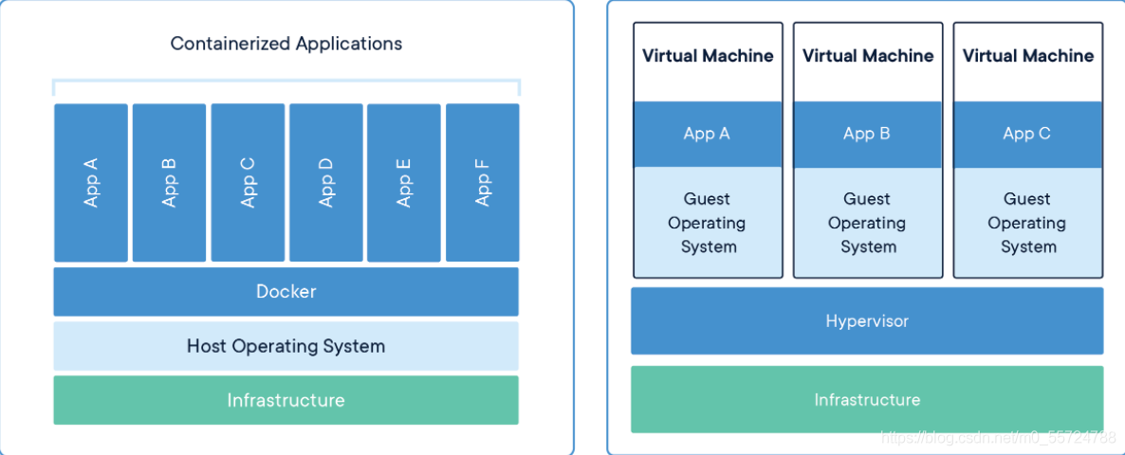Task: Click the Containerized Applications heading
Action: (x=286, y=43)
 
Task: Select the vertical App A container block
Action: (x=91, y=183)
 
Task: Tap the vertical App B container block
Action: (x=170, y=183)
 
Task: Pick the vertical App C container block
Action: (x=248, y=183)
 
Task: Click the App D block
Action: (x=325, y=183)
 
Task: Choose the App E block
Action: (x=404, y=183)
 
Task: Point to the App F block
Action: (x=482, y=183)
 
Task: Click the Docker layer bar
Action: (x=286, y=292)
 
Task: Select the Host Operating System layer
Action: (x=286, y=346)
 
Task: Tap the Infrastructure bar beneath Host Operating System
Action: (x=286, y=400)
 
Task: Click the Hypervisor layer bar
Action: (x=867, y=321)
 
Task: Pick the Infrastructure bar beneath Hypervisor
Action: (x=867, y=399)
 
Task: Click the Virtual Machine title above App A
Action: (x=708, y=56)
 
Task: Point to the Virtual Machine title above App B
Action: (x=868, y=56)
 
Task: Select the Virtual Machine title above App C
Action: (x=1028, y=56)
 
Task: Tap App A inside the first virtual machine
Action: (x=708, y=134)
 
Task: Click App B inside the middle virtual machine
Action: (x=867, y=134)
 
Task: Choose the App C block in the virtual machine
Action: (x=1027, y=134)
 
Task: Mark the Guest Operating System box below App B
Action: (x=867, y=222)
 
